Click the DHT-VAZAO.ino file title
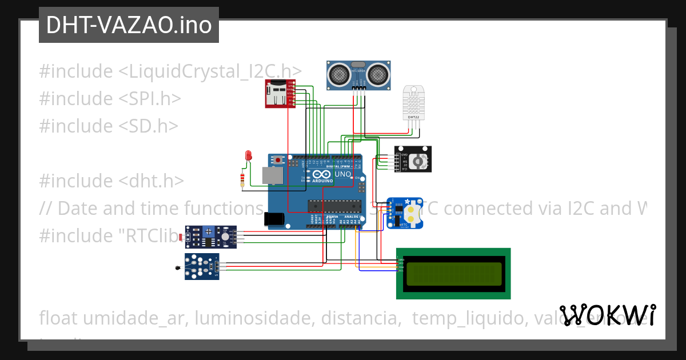(129, 25)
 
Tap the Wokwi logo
(607, 315)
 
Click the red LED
(248, 155)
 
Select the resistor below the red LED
(244, 181)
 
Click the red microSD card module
(278, 94)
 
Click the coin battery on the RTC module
(412, 214)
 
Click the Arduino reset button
(278, 160)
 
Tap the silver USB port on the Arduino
(272, 175)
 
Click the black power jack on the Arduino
(273, 218)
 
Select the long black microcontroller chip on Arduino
(334, 205)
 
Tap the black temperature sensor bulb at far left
(179, 266)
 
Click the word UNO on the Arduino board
(342, 174)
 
